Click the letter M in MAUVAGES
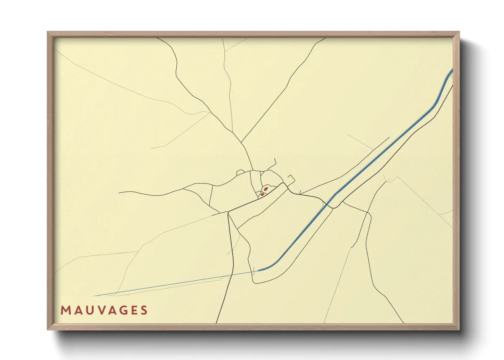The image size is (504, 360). (65, 310)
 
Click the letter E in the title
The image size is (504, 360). (135, 310)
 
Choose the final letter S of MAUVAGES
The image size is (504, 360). (144, 310)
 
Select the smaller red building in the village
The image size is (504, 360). (262, 194)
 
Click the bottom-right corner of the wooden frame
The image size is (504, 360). (459, 329)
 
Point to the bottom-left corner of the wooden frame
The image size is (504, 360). (48, 329)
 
